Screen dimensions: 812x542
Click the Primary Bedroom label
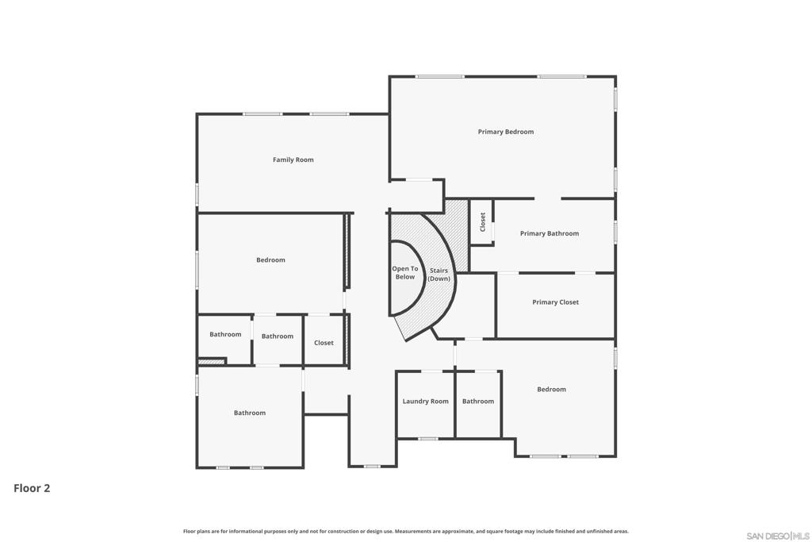click(505, 132)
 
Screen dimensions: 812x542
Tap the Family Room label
click(293, 160)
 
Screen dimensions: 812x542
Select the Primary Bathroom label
click(550, 233)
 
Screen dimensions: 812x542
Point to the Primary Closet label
click(555, 302)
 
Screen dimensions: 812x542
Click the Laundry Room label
click(425, 401)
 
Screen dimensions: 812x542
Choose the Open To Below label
click(405, 272)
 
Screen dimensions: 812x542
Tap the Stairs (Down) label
click(439, 275)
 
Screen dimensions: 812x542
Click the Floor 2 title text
click(32, 488)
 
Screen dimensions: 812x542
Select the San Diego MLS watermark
click(778, 536)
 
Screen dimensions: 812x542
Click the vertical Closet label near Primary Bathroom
click(483, 221)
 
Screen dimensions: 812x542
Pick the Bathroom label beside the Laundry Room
click(478, 401)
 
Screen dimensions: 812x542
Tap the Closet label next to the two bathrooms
click(324, 343)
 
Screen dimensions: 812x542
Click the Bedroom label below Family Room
click(270, 259)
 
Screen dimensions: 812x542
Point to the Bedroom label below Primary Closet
click(551, 389)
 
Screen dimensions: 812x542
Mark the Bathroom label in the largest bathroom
click(250, 413)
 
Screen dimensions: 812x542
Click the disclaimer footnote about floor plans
click(405, 531)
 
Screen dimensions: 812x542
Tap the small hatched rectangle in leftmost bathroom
click(212, 361)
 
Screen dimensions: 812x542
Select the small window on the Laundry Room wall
click(427, 439)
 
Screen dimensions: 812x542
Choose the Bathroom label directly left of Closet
click(277, 336)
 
